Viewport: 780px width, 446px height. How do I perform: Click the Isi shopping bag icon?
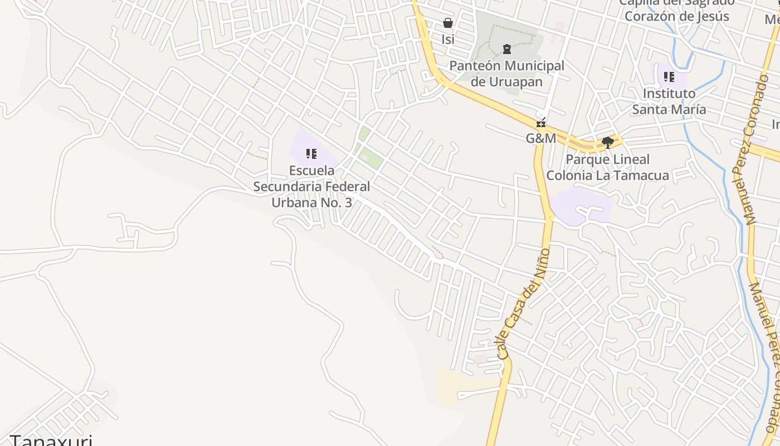(448, 23)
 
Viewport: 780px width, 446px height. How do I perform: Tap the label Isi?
(448, 40)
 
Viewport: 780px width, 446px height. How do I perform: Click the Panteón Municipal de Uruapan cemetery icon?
(506, 50)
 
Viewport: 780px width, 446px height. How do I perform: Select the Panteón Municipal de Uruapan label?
(506, 74)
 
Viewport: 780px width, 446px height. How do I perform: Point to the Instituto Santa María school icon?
(669, 76)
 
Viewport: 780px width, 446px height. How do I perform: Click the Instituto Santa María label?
(669, 101)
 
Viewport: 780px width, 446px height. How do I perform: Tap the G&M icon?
(540, 123)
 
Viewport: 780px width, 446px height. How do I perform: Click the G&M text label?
(541, 138)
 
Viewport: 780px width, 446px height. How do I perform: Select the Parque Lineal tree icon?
(607, 143)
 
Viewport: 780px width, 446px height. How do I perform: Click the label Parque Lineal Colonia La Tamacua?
(607, 167)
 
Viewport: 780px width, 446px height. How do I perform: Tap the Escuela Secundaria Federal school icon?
(311, 153)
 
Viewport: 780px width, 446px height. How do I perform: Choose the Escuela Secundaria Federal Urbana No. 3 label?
(311, 186)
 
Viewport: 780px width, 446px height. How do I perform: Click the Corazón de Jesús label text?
(676, 16)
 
